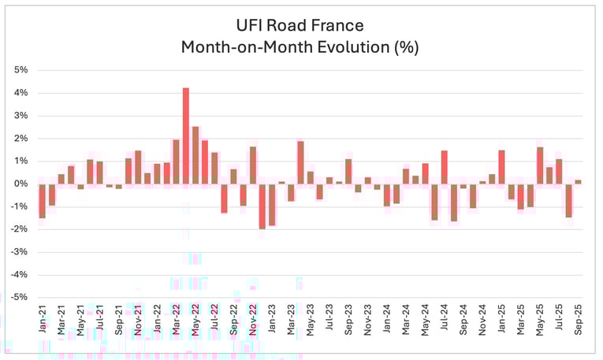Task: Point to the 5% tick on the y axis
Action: pos(21,70)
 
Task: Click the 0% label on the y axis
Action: pos(21,184)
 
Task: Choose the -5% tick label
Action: pos(20,297)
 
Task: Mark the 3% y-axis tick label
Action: pos(21,116)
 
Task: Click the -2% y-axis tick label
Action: pos(20,229)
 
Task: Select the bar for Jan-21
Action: pos(42,201)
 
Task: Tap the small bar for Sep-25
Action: pos(579,182)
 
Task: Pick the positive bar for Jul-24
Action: pos(445,167)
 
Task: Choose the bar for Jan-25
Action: pos(501,167)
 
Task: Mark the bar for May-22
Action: pos(195,155)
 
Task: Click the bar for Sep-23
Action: pos(348,172)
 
